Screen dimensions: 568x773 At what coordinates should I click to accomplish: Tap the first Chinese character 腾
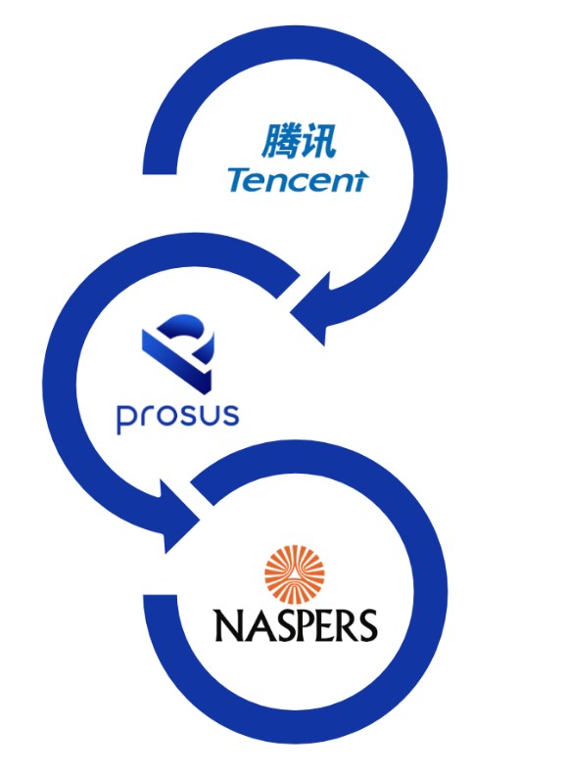click(x=279, y=142)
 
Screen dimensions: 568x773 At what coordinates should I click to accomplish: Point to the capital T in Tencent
click(x=239, y=180)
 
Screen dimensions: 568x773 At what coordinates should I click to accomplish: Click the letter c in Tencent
click(x=306, y=183)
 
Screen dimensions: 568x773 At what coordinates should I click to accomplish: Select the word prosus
click(x=177, y=419)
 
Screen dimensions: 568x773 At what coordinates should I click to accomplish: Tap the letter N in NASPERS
click(x=227, y=625)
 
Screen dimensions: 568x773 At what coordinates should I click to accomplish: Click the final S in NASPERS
click(x=369, y=625)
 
